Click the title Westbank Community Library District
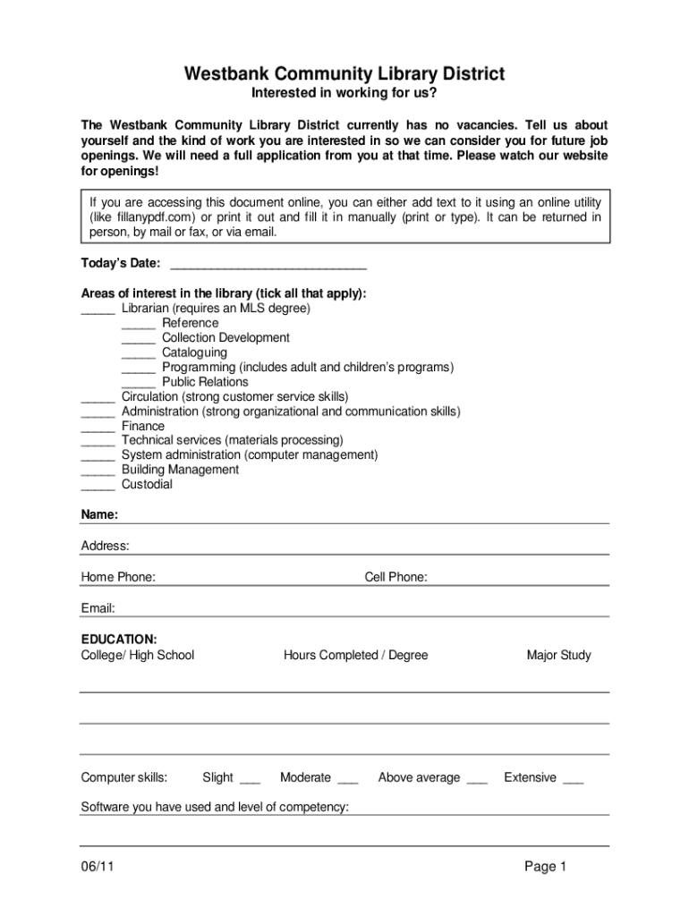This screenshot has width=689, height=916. tap(344, 73)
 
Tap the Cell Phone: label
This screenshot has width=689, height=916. tap(396, 577)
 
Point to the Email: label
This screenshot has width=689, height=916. tap(98, 608)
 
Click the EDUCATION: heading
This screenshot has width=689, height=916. tap(119, 639)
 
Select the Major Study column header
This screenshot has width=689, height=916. tap(558, 655)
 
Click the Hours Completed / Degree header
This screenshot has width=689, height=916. tap(355, 655)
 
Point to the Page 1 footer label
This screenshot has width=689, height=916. tap(546, 866)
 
